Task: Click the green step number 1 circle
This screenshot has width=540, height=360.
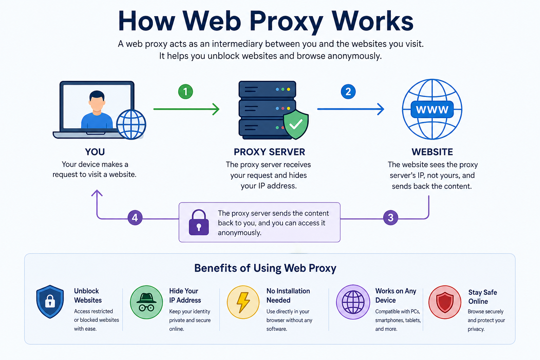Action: pos(185,92)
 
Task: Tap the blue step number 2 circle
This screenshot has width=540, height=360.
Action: pos(348,92)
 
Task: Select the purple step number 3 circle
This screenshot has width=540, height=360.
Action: pos(390,218)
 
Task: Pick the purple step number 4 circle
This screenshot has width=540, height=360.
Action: pos(135,218)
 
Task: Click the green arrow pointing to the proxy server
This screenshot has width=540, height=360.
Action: pos(186,109)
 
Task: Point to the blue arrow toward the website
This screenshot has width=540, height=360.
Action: pos(350,109)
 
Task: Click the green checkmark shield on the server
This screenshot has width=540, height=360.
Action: pos(296,124)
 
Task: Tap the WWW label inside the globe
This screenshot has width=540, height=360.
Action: pos(432,110)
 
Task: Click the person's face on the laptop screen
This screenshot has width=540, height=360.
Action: pos(97,102)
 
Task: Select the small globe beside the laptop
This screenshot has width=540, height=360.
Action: pos(131,124)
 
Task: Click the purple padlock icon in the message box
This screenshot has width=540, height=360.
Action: pos(199,223)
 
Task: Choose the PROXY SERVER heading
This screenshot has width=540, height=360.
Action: pos(269,152)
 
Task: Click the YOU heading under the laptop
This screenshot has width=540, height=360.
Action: pos(95,152)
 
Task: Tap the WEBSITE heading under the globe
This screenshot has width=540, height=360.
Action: pos(432,152)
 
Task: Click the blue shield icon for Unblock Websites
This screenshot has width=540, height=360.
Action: pos(50,302)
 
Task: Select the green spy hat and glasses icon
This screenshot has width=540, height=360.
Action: pos(146,302)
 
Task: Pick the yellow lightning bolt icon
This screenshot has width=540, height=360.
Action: pos(243,302)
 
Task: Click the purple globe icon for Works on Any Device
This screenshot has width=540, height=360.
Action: pos(353,302)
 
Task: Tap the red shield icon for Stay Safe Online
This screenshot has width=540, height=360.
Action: pos(445,302)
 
